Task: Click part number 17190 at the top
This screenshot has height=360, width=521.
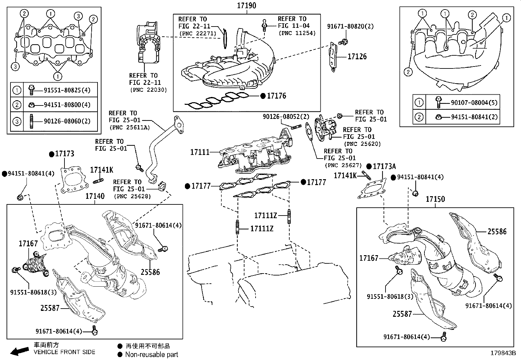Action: [x=247, y=6]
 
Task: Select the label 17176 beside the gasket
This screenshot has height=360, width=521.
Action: [x=276, y=96]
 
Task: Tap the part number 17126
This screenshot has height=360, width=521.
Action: [x=357, y=56]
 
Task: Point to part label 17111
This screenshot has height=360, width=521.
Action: [x=200, y=152]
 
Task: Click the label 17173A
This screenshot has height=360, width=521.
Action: [x=384, y=166]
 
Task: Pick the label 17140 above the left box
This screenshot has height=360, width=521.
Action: [x=95, y=196]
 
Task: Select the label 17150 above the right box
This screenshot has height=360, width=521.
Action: [x=435, y=199]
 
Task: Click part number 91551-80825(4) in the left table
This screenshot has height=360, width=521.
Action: [x=67, y=90]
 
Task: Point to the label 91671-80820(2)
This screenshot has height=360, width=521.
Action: [x=350, y=26]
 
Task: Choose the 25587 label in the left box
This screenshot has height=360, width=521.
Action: [x=50, y=308]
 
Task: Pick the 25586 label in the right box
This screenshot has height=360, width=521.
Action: [x=497, y=232]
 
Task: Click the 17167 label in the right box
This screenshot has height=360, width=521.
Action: [x=369, y=258]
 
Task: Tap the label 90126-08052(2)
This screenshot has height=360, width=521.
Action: [x=286, y=117]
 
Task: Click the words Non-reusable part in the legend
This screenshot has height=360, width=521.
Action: [x=152, y=354]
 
